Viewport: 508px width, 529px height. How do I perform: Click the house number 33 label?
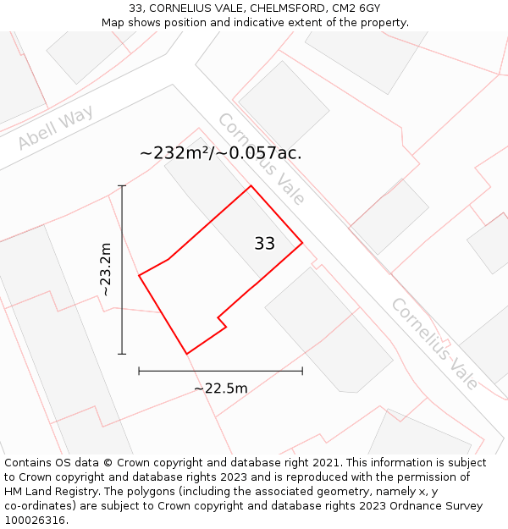click(264, 244)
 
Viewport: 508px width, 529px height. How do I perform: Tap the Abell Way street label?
click(55, 129)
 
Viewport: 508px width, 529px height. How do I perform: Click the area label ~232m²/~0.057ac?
click(221, 153)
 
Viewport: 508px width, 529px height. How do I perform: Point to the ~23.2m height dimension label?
click(106, 269)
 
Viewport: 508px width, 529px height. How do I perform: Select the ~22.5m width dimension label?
click(221, 388)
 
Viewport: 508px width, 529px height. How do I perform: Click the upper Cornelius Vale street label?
click(261, 159)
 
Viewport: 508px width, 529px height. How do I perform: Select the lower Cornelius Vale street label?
click(434, 344)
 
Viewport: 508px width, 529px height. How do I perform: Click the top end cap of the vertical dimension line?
click(122, 185)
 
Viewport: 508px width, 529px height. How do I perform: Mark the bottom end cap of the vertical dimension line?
click(122, 354)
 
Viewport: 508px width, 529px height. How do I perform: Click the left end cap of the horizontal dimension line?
click(139, 371)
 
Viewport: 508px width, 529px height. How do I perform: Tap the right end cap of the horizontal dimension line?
click(302, 371)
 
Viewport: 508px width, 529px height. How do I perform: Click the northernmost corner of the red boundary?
click(251, 186)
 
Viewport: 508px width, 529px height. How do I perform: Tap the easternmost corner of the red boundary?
click(302, 244)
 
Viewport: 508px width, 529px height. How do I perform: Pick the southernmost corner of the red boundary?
click(186, 354)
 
